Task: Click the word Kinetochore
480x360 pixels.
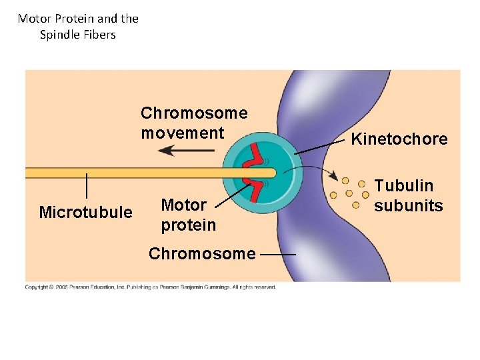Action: pyautogui.click(x=399, y=139)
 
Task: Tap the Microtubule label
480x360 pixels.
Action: pyautogui.click(x=85, y=213)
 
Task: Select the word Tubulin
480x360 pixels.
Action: pyautogui.click(x=403, y=186)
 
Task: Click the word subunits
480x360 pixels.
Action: pyautogui.click(x=408, y=205)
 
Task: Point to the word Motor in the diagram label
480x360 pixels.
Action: pyautogui.click(x=184, y=205)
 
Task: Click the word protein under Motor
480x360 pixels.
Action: pyautogui.click(x=188, y=225)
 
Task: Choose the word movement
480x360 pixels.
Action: pyautogui.click(x=182, y=133)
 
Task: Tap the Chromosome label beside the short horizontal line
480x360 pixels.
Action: pyautogui.click(x=201, y=254)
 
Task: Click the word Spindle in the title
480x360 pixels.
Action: pyautogui.click(x=59, y=35)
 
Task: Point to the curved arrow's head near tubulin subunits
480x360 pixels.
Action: pyautogui.click(x=333, y=177)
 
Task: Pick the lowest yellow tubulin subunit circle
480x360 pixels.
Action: pyautogui.click(x=355, y=205)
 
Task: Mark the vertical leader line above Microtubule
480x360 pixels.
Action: pyautogui.click(x=87, y=185)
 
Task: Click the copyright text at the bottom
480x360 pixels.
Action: pyautogui.click(x=150, y=287)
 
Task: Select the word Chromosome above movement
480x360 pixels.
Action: pyautogui.click(x=193, y=113)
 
